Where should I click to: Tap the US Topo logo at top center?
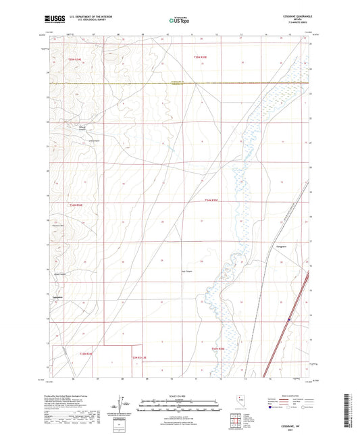180,20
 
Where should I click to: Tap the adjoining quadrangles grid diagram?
238,419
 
